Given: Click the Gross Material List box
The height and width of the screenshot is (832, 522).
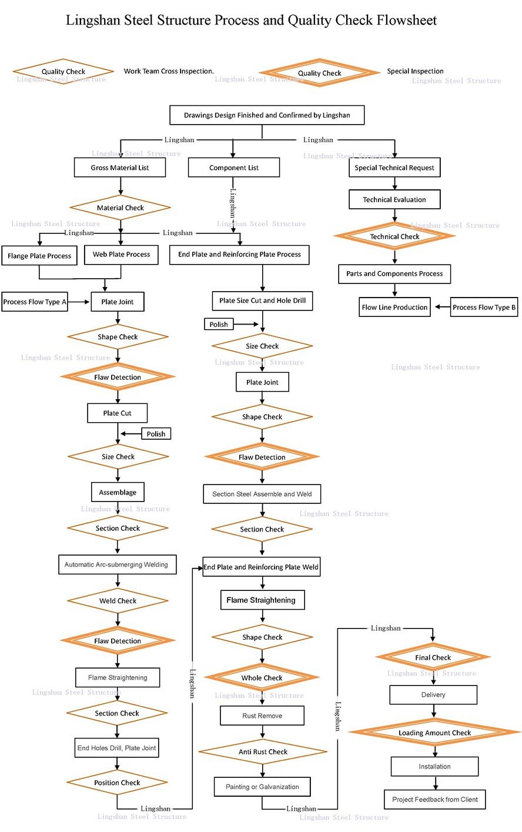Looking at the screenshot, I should tap(120, 168).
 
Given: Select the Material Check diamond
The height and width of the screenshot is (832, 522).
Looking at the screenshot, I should tap(120, 208).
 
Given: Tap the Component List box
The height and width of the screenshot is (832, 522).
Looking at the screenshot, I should tap(233, 168).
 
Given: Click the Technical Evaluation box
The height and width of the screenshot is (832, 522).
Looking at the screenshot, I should tap(394, 199).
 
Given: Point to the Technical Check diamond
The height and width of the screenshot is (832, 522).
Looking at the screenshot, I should tap(394, 236).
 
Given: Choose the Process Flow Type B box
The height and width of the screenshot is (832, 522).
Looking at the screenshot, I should tap(484, 307).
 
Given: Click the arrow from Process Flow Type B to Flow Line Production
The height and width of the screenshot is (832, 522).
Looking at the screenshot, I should tap(441, 307).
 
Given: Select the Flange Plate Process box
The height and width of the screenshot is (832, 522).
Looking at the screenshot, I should tap(39, 256).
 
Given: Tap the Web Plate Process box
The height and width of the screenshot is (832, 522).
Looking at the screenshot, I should tap(121, 255).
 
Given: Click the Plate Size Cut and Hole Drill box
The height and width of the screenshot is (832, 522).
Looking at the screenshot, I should tap(262, 300).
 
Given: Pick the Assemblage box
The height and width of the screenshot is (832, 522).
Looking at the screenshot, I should tap(118, 492).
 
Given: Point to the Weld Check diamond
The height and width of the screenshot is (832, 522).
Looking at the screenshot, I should tap(118, 601).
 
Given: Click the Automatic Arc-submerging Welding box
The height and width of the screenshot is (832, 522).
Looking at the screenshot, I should tap(116, 564).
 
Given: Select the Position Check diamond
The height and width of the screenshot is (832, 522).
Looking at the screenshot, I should tap(117, 783).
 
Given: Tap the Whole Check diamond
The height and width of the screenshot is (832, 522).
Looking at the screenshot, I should tap(262, 678).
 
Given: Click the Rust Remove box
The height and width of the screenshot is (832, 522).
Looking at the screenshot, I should tap(262, 716).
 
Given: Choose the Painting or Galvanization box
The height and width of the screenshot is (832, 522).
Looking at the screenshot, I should tap(262, 787).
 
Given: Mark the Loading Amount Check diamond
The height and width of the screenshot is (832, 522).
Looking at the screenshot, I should tap(434, 733).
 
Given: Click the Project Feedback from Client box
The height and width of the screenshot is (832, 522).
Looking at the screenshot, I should tap(435, 799).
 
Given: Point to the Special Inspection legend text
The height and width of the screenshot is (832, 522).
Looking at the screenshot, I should tap(415, 71).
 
